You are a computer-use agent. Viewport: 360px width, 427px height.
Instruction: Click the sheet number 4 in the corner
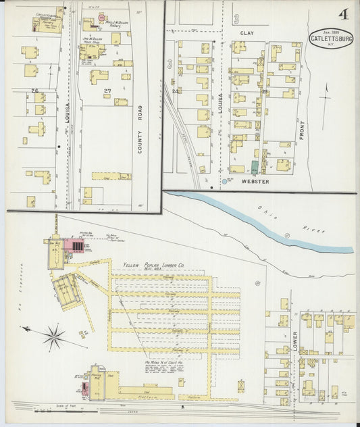click(344, 14)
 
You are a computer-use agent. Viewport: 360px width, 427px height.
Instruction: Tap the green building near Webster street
click(255, 166)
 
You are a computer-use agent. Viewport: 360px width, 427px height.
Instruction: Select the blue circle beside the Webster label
click(224, 182)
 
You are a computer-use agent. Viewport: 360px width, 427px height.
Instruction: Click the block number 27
click(107, 91)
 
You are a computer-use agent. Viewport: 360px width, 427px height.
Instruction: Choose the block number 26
click(34, 91)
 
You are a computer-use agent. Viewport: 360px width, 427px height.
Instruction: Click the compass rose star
click(53, 334)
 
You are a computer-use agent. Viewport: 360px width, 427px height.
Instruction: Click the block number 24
click(176, 91)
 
